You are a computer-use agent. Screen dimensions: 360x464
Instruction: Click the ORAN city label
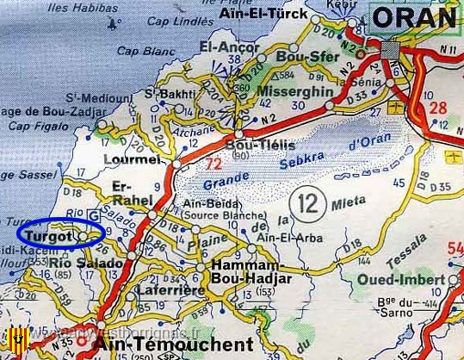point(416,17)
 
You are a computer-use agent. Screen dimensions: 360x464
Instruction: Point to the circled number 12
point(308,204)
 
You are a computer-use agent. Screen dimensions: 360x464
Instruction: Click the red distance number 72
point(213,161)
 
